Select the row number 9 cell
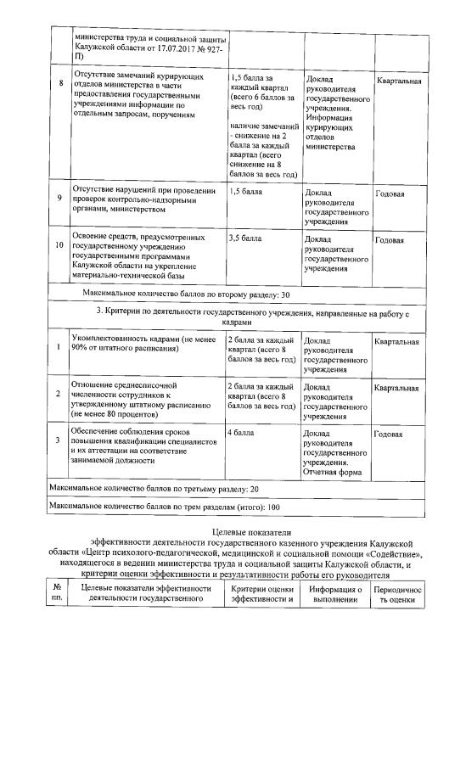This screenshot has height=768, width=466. (x=59, y=198)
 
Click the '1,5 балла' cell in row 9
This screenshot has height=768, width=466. (x=245, y=192)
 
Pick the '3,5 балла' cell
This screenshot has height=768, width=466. (x=245, y=239)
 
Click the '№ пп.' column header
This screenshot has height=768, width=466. (x=57, y=593)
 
